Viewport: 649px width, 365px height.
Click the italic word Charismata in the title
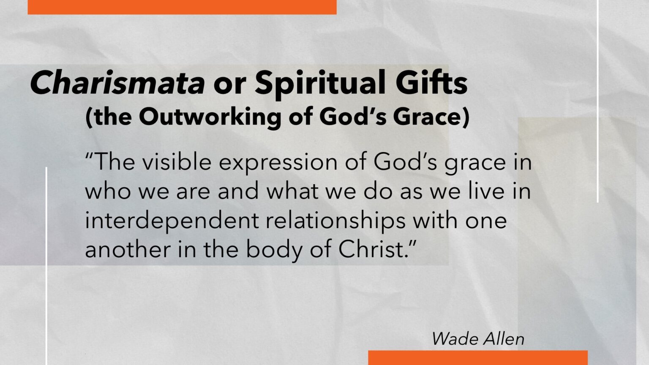[117, 82]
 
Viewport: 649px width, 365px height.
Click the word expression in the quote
[278, 163]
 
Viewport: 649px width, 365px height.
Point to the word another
[128, 250]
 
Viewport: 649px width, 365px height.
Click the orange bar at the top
[182, 7]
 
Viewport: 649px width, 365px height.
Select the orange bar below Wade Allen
[478, 358]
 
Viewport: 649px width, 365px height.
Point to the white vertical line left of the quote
[46, 266]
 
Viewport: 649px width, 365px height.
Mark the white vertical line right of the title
[598, 101]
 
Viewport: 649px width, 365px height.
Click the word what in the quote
[293, 191]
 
